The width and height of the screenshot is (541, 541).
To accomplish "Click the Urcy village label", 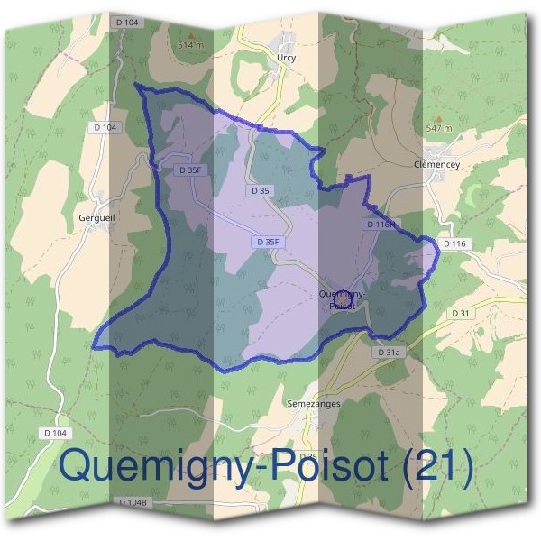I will [x=287, y=57].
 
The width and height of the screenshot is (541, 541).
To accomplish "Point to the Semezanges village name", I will [x=313, y=404].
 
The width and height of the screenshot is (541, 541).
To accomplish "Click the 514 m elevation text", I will [x=189, y=44].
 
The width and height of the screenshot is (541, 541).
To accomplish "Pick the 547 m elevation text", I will [x=438, y=129].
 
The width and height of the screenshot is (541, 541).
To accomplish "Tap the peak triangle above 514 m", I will [x=189, y=35].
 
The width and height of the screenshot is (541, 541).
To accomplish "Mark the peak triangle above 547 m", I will [x=439, y=118].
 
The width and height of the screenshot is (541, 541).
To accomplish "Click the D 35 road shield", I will [x=261, y=191].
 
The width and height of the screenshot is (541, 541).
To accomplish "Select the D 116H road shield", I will [x=380, y=224].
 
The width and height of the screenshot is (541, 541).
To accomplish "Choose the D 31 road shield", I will [x=460, y=313].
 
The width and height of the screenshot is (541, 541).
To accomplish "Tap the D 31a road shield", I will [x=388, y=352].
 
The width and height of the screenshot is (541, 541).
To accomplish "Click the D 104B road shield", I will [x=133, y=501].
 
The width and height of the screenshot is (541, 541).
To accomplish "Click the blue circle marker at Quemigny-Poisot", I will [x=342, y=296].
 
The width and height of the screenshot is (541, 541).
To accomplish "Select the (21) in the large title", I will [x=440, y=465].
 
